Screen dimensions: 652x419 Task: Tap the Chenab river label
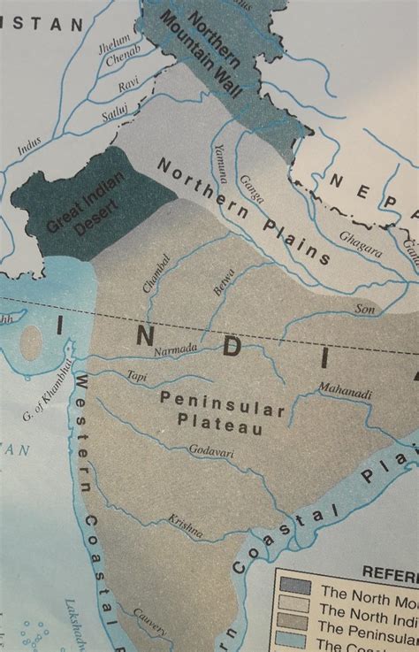(x=123, y=60)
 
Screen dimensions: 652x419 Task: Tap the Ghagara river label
(x=362, y=249)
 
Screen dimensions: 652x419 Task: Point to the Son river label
(x=364, y=309)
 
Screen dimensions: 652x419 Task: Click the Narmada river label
(x=177, y=350)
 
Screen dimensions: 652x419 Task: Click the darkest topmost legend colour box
(x=294, y=587)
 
